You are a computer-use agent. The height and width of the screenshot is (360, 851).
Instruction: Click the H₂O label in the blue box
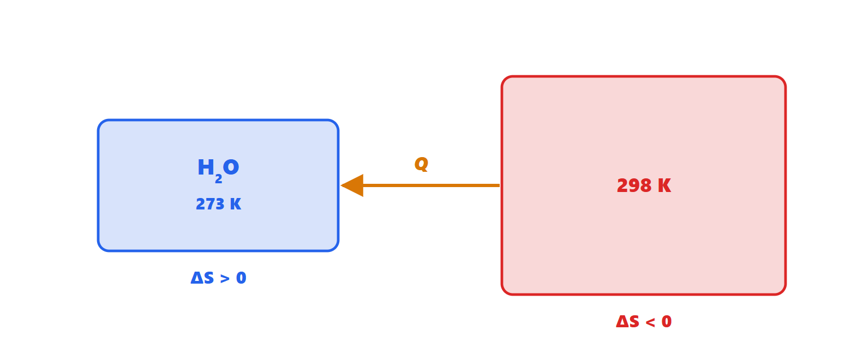[x=218, y=171]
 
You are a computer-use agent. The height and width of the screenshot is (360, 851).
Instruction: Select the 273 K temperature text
[x=218, y=205]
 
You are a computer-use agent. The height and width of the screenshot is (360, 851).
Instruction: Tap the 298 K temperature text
[x=644, y=185]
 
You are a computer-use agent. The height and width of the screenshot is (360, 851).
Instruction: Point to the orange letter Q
[x=421, y=164]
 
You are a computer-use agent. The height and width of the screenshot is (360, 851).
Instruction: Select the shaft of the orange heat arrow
[x=431, y=185]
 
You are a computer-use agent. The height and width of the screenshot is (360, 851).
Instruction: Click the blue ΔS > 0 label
[x=218, y=278]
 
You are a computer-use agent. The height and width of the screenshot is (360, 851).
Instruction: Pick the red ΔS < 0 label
[x=644, y=322]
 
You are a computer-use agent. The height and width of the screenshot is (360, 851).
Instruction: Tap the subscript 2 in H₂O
[x=218, y=179]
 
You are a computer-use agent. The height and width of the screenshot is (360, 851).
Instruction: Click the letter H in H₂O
[x=206, y=167]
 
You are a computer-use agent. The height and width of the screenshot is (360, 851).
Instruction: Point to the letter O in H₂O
[x=231, y=167]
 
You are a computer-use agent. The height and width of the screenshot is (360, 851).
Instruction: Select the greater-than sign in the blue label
[x=225, y=279]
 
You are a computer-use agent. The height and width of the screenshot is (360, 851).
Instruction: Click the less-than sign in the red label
[x=650, y=322]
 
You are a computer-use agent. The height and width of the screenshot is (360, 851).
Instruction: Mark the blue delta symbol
[x=197, y=278]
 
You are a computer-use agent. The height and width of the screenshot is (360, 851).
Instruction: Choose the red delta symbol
[x=622, y=322]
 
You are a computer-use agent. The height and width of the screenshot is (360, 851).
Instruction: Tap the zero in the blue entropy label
[x=241, y=278]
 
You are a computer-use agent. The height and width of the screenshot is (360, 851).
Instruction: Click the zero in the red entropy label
[x=667, y=322]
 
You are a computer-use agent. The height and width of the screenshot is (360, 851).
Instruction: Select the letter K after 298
[x=664, y=185]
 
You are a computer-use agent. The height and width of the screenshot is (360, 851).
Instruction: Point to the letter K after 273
[x=235, y=205]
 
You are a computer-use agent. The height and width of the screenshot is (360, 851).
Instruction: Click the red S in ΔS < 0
[x=634, y=322]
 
